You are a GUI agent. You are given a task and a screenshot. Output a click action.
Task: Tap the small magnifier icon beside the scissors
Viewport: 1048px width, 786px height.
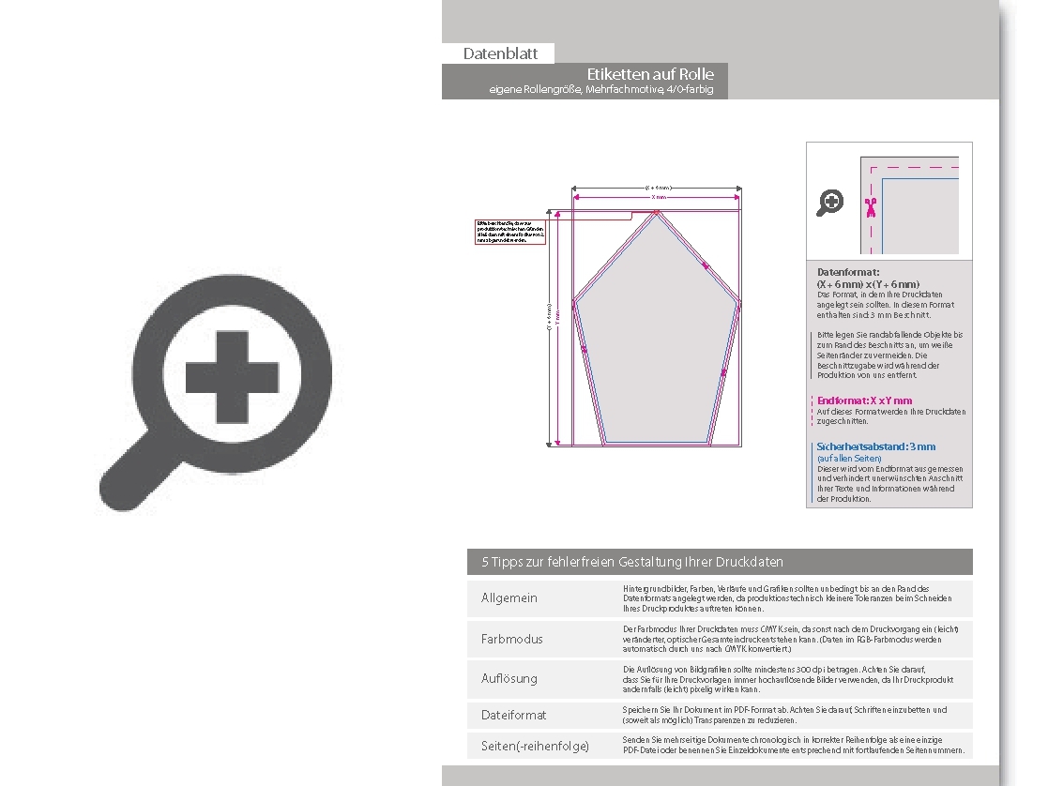click(829, 202)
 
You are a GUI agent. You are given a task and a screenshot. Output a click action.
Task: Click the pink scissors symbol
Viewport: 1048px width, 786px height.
click(871, 207)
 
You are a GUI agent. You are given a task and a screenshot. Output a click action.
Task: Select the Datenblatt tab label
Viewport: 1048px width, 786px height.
click(498, 54)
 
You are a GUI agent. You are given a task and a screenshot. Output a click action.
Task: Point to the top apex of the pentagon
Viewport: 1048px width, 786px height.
click(658, 213)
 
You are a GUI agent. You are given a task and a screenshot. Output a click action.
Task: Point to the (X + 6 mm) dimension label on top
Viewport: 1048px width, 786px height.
click(658, 188)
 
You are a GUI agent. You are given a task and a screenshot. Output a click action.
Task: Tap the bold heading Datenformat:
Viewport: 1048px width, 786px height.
click(848, 272)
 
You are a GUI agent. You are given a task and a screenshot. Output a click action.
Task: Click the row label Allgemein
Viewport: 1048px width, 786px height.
click(509, 598)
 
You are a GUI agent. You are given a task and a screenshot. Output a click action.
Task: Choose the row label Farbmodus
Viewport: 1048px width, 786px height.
click(512, 639)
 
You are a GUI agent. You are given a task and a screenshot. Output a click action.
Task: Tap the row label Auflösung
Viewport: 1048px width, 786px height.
click(509, 678)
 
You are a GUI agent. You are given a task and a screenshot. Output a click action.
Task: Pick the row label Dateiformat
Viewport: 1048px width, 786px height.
click(514, 715)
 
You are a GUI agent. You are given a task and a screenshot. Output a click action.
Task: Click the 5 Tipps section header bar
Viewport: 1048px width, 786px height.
click(720, 562)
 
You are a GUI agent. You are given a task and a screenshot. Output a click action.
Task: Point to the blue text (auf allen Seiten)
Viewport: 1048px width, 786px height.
click(843, 458)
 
